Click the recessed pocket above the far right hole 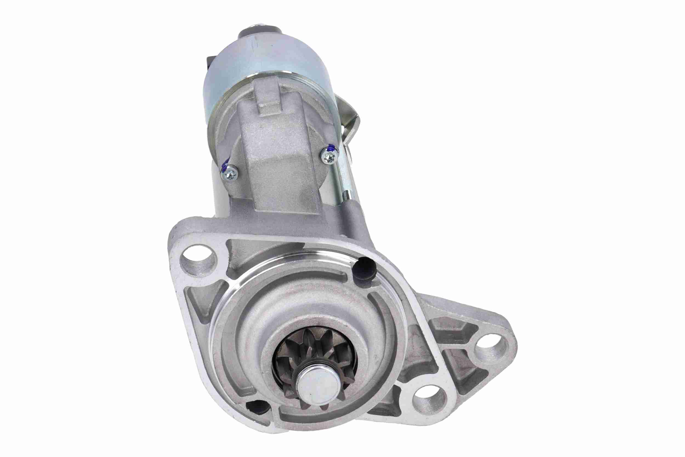(454, 329)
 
